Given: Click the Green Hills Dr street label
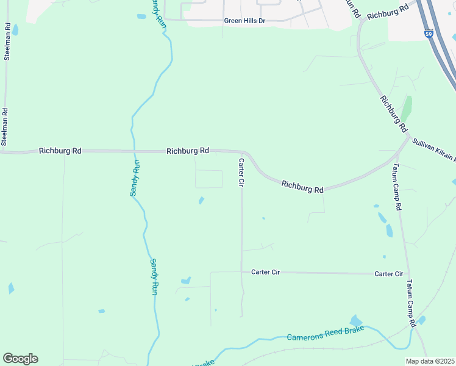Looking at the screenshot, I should point(245,21).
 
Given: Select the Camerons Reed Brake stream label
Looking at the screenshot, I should point(326,333).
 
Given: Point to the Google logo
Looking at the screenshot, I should point(20,359).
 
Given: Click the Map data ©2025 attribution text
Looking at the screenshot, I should point(430,361).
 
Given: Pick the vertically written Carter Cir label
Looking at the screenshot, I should point(241,173).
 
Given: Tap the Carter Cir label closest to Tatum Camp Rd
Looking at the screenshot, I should point(389,274).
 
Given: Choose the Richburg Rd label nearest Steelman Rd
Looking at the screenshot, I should point(60,150).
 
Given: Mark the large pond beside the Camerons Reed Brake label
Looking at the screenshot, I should point(355,321).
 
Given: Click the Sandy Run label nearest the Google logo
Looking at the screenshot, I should point(154,277).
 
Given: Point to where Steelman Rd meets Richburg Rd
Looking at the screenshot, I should point(5,151).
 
